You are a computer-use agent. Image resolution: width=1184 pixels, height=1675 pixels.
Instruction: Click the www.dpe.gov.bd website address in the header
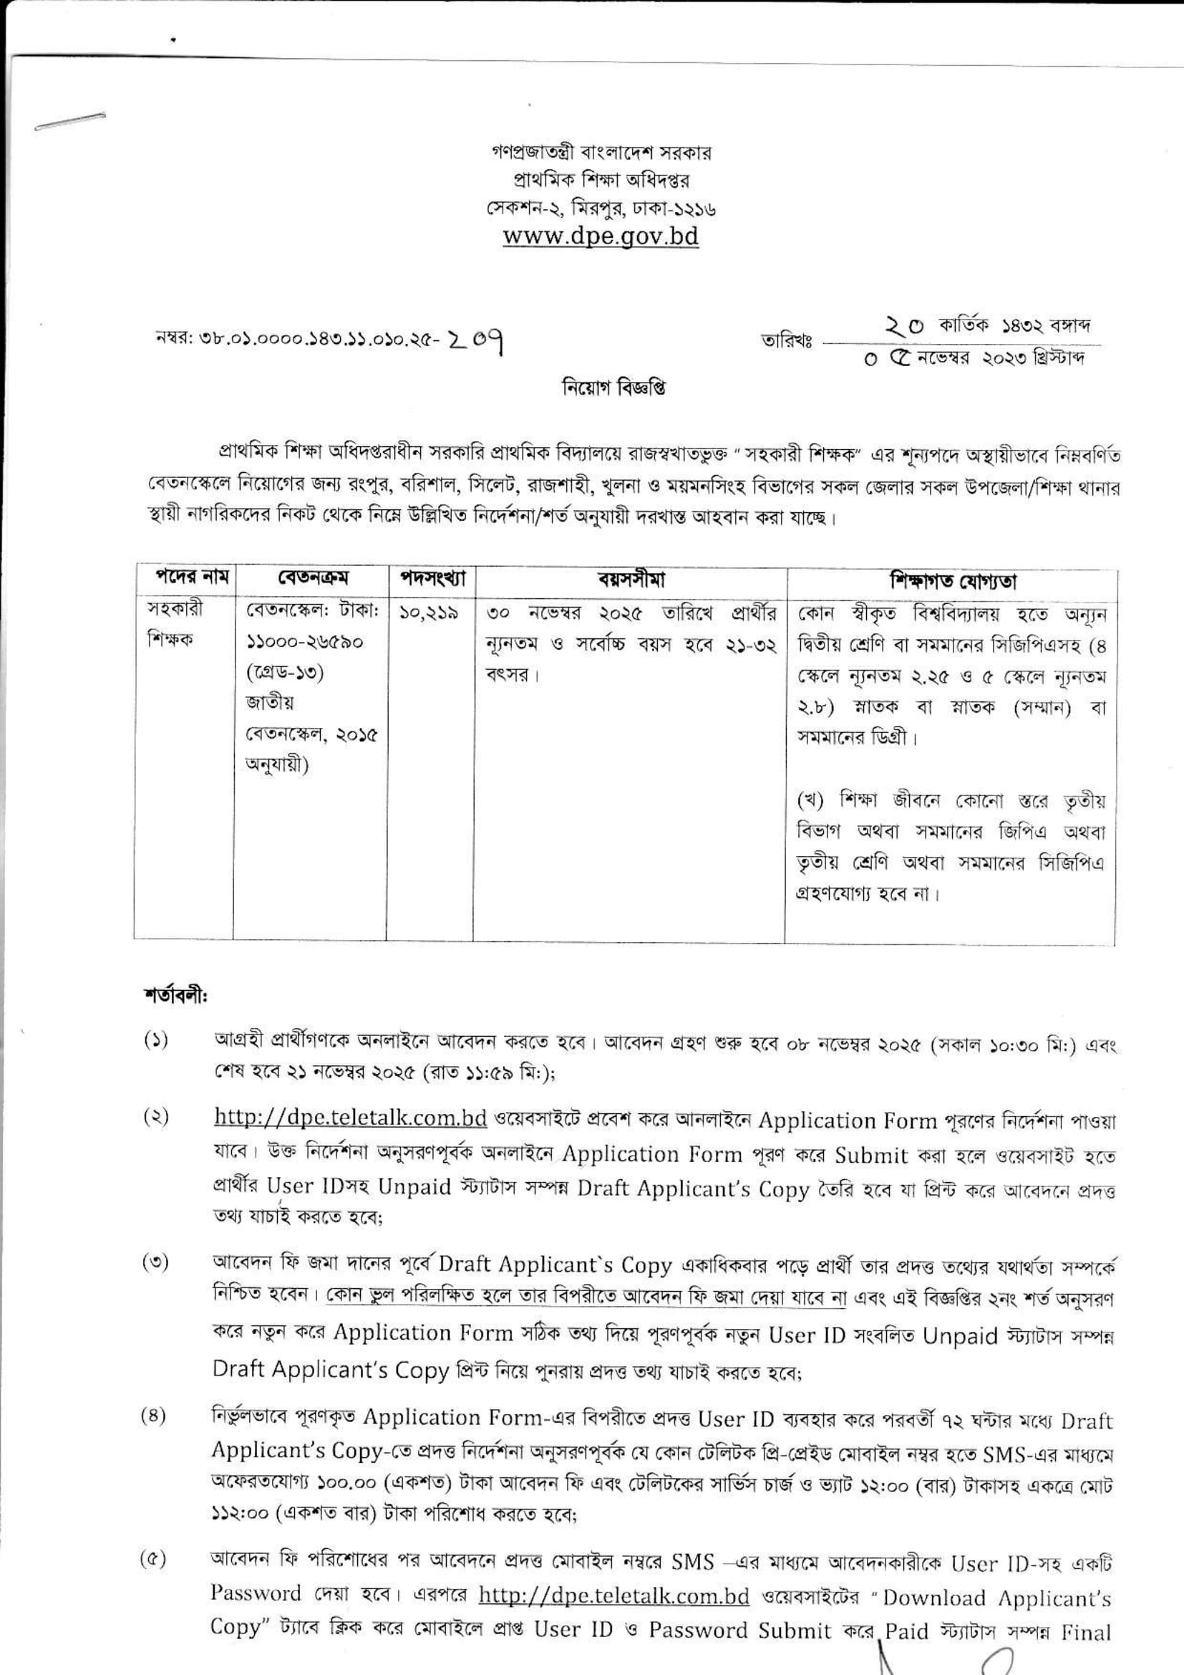click(x=601, y=236)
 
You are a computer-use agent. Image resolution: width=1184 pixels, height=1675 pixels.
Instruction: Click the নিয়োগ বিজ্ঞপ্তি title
click(x=614, y=388)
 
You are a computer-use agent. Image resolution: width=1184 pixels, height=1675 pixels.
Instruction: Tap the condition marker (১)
click(x=155, y=1041)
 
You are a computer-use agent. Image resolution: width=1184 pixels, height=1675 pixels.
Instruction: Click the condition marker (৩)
click(x=155, y=1264)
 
